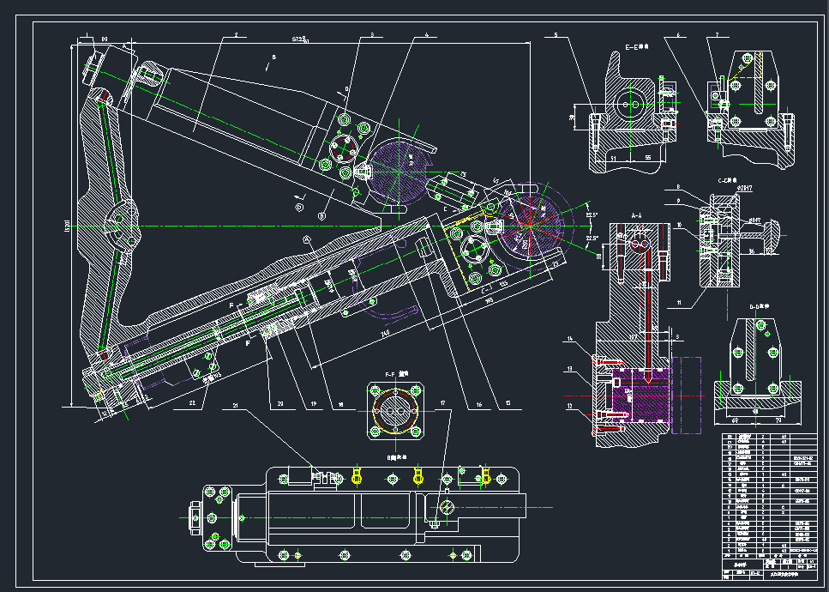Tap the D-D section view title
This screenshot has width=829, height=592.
[756, 305]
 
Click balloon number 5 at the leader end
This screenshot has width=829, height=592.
[556, 35]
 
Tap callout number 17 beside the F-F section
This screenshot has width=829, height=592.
[442, 403]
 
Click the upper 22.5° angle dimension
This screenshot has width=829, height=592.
[591, 215]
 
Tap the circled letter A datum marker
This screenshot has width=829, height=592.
[306, 238]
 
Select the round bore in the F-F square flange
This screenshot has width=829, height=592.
[394, 411]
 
